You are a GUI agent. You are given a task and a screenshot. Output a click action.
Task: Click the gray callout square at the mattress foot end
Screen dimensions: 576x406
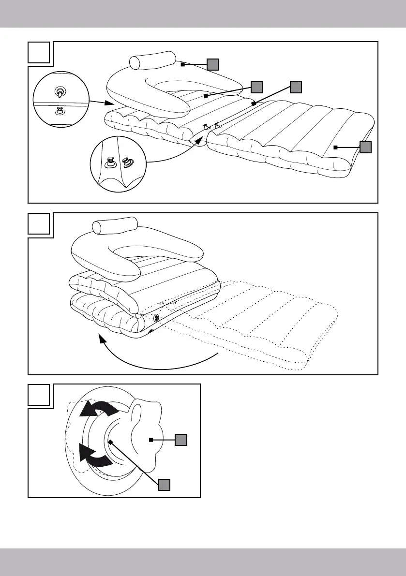pos(366,147)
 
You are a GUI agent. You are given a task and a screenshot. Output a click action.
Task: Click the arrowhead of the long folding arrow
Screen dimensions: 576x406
pos(102,340)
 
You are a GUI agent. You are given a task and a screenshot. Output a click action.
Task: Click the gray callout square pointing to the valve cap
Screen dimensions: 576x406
pos(180,439)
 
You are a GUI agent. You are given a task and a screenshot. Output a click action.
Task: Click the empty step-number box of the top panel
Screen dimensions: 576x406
pos(39,53)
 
